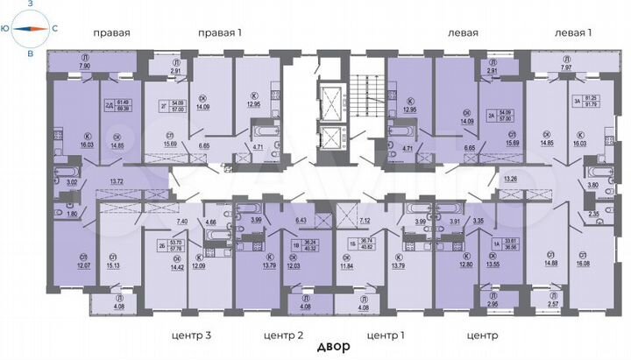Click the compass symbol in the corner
point(29,29)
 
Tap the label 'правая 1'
point(220,32)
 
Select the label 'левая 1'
point(573,32)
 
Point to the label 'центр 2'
point(284,335)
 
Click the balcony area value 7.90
point(85,66)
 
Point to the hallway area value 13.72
point(117,180)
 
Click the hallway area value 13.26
point(512,180)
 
